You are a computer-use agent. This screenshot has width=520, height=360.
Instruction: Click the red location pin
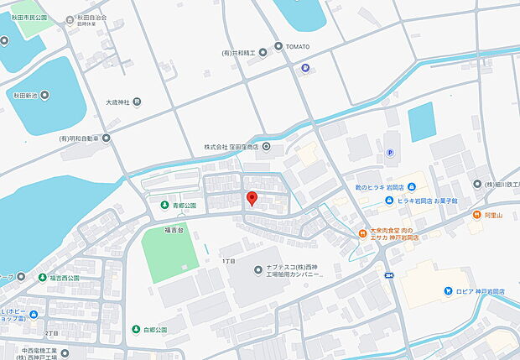pyautogui.click(x=251, y=199)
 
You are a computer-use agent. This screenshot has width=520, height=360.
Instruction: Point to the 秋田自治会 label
pyautogui.click(x=90, y=17)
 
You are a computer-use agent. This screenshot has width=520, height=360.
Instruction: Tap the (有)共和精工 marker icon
pyautogui.click(x=263, y=52)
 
